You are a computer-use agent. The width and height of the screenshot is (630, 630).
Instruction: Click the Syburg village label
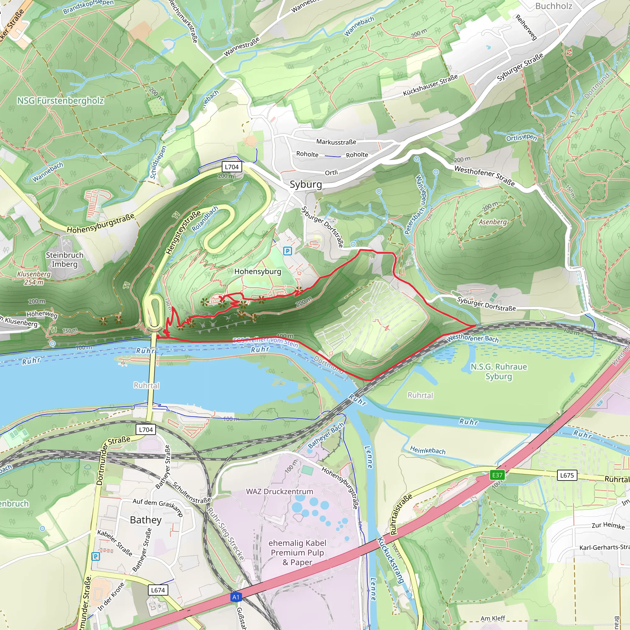(305, 185)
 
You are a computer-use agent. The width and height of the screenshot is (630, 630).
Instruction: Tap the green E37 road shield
(497, 475)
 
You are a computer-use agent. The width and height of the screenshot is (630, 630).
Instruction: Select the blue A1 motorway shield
(236, 597)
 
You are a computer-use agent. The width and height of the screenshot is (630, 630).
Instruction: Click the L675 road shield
(567, 475)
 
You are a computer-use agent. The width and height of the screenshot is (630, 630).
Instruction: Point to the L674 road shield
(158, 590)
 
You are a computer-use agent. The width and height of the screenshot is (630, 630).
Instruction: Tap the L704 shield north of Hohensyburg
(232, 167)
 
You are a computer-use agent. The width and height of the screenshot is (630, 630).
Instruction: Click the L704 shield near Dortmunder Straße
(146, 429)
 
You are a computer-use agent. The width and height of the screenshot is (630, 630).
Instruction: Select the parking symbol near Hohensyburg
(287, 251)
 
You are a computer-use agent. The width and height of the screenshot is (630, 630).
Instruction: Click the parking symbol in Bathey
(95, 556)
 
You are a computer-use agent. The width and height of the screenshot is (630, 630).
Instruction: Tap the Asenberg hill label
(492, 222)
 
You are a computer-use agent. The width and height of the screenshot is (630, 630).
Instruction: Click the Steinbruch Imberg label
(65, 260)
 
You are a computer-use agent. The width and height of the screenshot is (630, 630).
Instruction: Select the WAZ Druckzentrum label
(279, 491)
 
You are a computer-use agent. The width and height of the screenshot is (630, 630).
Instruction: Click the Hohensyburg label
(257, 271)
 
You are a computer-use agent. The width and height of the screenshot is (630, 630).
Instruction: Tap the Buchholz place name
(553, 6)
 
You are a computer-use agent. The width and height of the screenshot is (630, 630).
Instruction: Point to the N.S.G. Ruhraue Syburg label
(499, 371)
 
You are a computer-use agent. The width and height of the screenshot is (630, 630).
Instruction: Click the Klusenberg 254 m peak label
(34, 278)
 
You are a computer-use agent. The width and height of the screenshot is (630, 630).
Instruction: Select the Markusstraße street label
(336, 142)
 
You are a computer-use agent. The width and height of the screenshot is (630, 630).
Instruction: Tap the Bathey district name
(146, 520)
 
